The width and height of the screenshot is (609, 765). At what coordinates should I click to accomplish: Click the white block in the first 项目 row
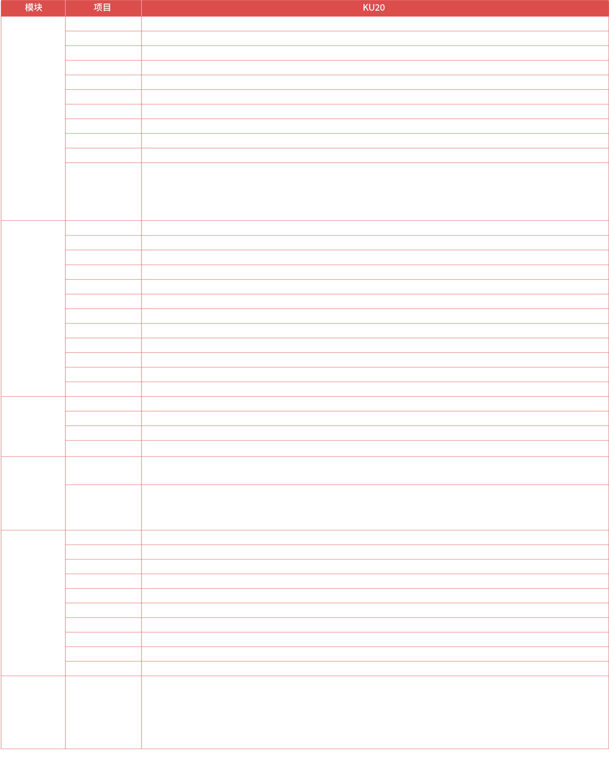pyautogui.click(x=107, y=23)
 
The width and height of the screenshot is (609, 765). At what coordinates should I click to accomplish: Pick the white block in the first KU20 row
pyautogui.click(x=228, y=23)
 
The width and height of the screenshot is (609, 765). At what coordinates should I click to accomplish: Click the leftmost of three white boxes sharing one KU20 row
pyautogui.click(x=206, y=190)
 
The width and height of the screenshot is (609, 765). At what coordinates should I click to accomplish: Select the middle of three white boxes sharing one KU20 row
pyautogui.click(x=370, y=191)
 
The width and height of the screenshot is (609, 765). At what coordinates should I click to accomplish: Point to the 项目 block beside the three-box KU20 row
pyautogui.click(x=108, y=189)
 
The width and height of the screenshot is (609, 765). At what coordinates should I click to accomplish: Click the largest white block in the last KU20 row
pyautogui.click(x=308, y=713)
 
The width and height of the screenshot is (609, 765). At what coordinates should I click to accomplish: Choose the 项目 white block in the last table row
pyautogui.click(x=106, y=713)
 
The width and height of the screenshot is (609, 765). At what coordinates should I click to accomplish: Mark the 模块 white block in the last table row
pyautogui.click(x=36, y=712)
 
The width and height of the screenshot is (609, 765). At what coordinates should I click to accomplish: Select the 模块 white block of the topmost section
pyautogui.click(x=37, y=112)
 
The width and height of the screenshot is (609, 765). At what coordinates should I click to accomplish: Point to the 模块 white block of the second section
pyautogui.click(x=34, y=305)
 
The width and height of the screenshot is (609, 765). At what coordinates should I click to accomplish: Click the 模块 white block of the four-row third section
pyautogui.click(x=35, y=426)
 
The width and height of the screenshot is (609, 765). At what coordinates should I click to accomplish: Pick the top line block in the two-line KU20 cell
pyautogui.click(x=382, y=464)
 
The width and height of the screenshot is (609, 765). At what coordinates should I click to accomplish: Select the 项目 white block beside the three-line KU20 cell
pyautogui.click(x=106, y=506)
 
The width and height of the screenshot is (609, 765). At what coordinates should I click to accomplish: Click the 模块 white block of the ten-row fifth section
pyautogui.click(x=33, y=601)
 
